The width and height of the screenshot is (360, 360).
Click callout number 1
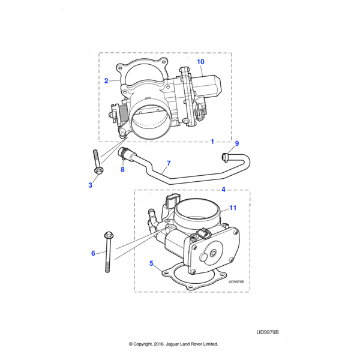pyautogui.click(x=212, y=142)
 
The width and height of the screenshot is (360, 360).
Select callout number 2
pyautogui.click(x=106, y=80)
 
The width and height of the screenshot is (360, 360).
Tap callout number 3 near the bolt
pyautogui.click(x=91, y=185)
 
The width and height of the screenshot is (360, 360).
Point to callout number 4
pyautogui.click(x=223, y=190)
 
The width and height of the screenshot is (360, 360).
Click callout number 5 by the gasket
pyautogui.click(x=152, y=262)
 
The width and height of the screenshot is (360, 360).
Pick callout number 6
pyautogui.click(x=93, y=253)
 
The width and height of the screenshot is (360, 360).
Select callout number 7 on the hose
pyautogui.click(x=169, y=163)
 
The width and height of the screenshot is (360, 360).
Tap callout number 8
pyautogui.click(x=122, y=170)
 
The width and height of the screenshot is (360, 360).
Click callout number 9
pyautogui.click(x=236, y=143)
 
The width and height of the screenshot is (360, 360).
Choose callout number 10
pyautogui.click(x=200, y=62)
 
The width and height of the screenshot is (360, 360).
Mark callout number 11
pyautogui.click(x=233, y=208)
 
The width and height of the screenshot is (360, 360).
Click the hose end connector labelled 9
pyautogui.click(x=226, y=157)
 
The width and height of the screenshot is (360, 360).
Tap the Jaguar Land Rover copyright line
pyautogui.click(x=173, y=344)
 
